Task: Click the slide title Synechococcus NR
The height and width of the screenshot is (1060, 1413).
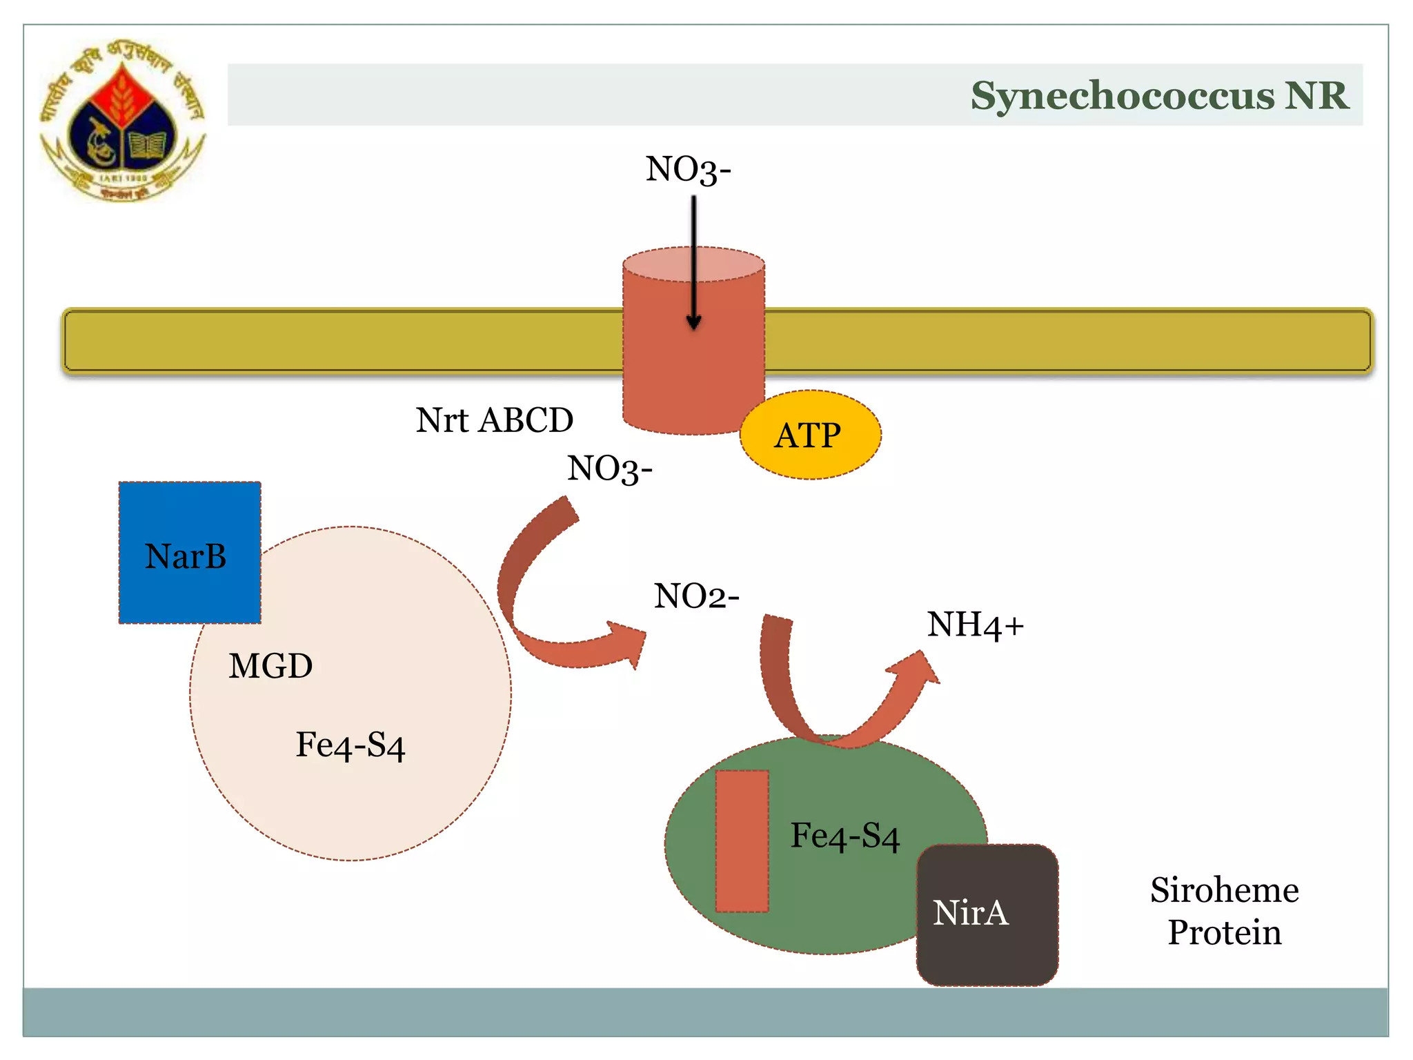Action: (1158, 95)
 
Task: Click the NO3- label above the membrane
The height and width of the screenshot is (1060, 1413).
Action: (688, 170)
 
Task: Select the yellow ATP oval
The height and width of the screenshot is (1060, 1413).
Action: (809, 435)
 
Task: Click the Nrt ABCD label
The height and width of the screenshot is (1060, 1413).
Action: (494, 420)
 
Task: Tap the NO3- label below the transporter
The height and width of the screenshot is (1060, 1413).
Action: (609, 469)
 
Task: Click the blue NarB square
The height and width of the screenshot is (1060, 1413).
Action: (189, 553)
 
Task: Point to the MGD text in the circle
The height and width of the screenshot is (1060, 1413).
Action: (270, 666)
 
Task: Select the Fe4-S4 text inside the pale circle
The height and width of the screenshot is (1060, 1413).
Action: (350, 745)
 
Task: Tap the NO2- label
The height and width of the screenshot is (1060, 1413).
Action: (696, 596)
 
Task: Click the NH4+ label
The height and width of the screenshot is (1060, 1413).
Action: (974, 625)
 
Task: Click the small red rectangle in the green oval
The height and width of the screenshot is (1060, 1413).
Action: (742, 841)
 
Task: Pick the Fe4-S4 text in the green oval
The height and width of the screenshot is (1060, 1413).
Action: (844, 836)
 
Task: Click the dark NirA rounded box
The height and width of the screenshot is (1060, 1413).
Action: (987, 914)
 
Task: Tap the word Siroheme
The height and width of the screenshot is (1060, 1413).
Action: (1224, 890)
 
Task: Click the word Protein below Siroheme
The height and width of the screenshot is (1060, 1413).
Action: (1224, 932)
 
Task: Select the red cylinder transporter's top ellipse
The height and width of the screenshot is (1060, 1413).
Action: (693, 264)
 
